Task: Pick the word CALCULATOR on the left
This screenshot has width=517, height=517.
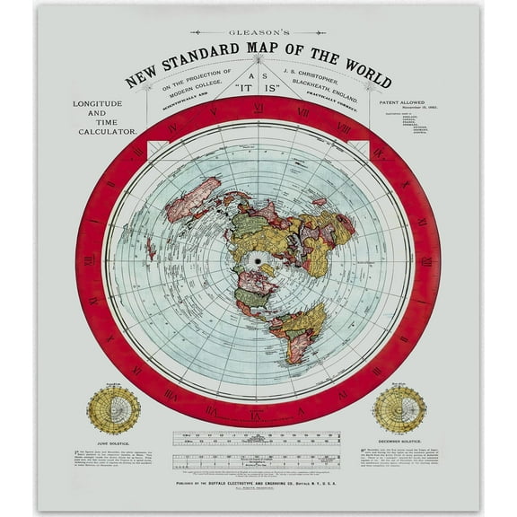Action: point(106,131)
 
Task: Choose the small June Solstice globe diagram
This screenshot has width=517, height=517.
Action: point(113,411)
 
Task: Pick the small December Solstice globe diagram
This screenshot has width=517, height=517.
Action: point(399,411)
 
